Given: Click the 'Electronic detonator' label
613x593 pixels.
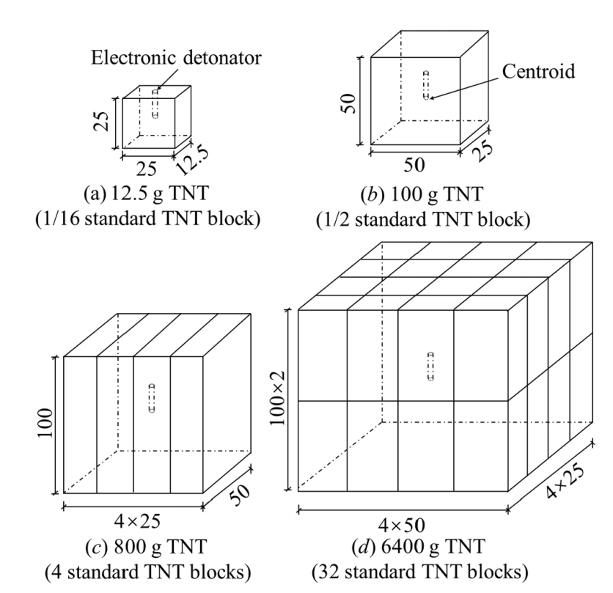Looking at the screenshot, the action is (x=176, y=58).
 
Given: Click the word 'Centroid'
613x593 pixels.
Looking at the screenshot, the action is (x=538, y=72).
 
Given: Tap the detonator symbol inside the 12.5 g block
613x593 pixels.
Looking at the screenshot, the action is (x=155, y=103).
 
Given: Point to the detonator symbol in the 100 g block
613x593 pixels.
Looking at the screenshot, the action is (x=426, y=85).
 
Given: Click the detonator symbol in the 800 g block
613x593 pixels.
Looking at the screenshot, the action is (x=152, y=398).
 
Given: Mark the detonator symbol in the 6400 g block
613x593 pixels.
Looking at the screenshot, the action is (x=431, y=367).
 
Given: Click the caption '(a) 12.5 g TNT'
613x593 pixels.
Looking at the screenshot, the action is (x=146, y=193).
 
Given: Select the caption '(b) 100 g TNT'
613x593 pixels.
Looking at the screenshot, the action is (x=422, y=194).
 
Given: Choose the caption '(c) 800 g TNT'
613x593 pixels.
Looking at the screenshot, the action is (x=146, y=547).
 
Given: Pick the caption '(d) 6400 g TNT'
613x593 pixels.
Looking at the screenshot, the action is (x=418, y=547).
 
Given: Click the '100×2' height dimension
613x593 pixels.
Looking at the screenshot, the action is (x=278, y=399).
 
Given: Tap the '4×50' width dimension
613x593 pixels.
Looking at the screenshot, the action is (x=402, y=526).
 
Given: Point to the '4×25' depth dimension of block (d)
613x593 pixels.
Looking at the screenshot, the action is (x=565, y=482).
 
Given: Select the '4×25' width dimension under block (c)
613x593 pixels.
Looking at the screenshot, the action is (x=137, y=521).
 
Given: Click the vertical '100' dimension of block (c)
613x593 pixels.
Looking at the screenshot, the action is (x=45, y=424).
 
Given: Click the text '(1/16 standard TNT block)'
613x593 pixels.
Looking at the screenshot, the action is (x=148, y=218).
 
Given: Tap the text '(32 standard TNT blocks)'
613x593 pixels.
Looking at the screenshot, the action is (x=420, y=572).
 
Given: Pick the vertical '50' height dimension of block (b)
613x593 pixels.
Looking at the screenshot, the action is (x=348, y=104).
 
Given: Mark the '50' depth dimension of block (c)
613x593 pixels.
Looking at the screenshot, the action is (x=239, y=495).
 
